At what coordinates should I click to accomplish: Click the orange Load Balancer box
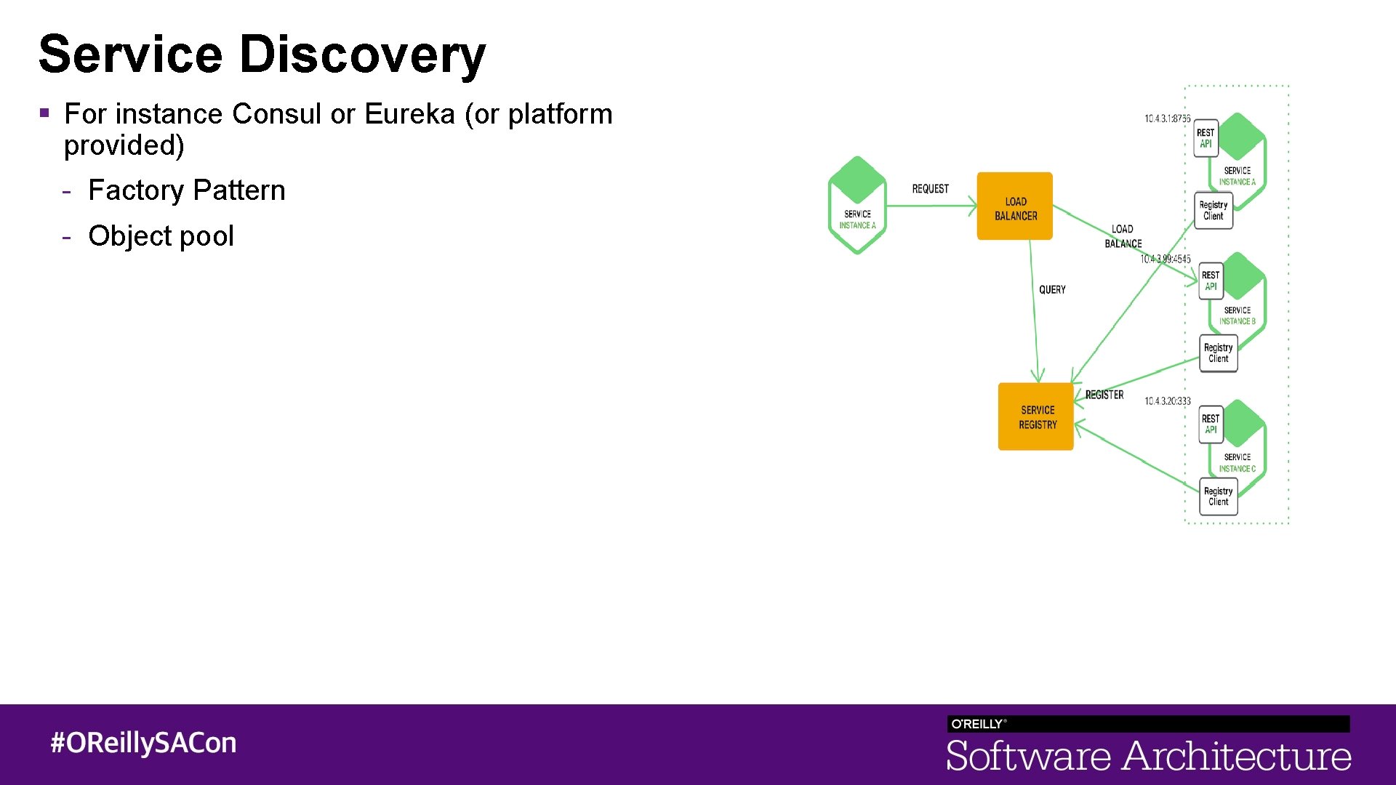[1014, 206]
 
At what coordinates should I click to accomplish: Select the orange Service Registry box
[1036, 416]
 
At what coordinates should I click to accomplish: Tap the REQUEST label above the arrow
[930, 189]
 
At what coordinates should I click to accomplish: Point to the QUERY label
[1052, 290]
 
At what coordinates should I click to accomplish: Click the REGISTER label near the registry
[1104, 395]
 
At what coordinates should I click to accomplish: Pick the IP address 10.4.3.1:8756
[1167, 118]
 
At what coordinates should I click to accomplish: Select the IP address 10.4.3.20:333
[1167, 401]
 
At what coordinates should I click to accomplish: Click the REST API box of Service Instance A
[1206, 138]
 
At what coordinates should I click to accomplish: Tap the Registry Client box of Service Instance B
[1218, 353]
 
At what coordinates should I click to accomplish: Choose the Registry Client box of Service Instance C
[1218, 496]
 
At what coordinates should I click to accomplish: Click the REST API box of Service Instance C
[1211, 424]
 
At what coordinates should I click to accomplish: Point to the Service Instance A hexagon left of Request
[857, 206]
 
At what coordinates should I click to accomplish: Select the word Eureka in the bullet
[409, 114]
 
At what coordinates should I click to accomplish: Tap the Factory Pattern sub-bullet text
[187, 190]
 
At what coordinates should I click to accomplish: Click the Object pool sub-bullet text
[161, 236]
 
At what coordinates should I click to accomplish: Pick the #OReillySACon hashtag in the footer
[143, 743]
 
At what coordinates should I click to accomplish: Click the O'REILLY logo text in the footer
[978, 724]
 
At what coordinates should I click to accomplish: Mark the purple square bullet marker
[44, 113]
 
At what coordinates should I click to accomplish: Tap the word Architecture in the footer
[1237, 757]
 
